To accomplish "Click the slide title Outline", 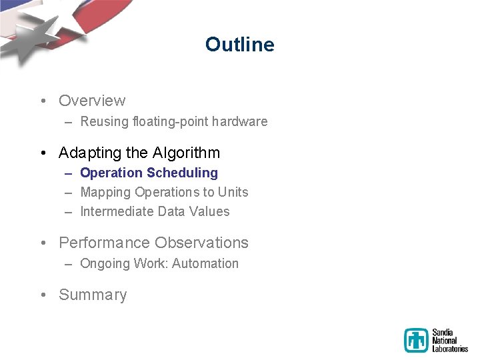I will coord(239,45).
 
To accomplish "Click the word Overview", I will coord(92,101).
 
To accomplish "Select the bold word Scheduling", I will coord(182,173).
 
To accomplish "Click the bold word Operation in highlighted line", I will coord(111,173).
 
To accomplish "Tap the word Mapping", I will coord(105,193).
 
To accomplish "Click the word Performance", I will coord(105,243).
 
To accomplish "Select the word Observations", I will coord(201,243).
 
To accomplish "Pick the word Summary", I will coord(93,295).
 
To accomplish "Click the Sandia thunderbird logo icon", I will coord(416,340).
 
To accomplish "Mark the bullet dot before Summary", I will coord(43,295).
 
